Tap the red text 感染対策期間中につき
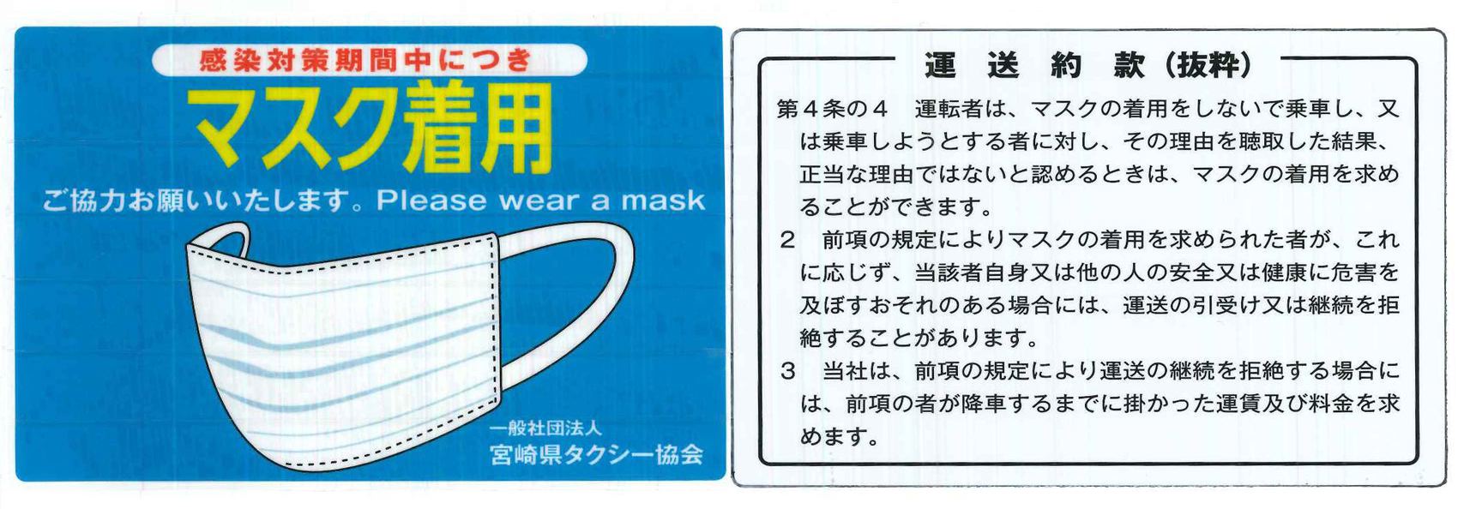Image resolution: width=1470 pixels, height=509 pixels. point(364,61)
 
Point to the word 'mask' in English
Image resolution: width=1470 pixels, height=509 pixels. point(663,200)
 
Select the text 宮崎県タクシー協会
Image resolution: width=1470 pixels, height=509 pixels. point(596,454)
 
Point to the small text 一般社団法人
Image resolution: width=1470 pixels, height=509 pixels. point(545,429)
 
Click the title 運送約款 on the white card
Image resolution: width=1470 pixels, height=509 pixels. point(1034,66)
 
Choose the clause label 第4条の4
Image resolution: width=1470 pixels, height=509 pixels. point(832,109)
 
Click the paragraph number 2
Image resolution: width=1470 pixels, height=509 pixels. point(787,241)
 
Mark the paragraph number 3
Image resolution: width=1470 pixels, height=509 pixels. point(787,372)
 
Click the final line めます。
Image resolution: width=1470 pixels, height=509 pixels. point(839,437)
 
